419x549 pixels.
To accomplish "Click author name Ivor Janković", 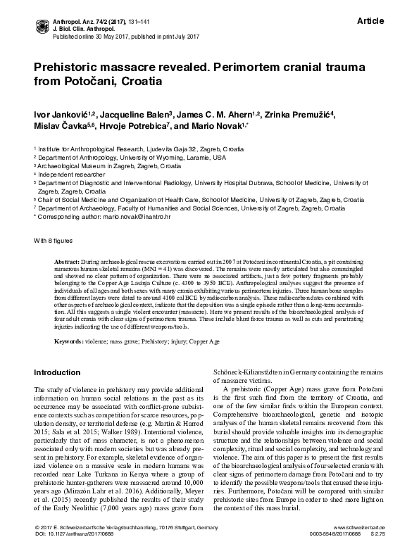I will (x=61, y=114).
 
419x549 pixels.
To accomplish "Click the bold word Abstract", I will (x=66, y=260).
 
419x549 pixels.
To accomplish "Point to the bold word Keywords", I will (x=68, y=341).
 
